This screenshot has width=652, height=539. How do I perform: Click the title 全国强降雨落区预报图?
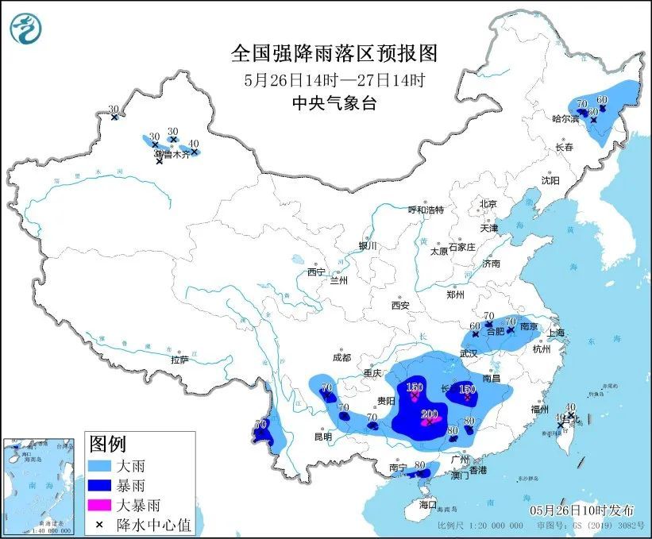point(334,53)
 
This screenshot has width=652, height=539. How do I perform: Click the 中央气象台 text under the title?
point(334,102)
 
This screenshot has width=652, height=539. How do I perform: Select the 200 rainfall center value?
point(430,414)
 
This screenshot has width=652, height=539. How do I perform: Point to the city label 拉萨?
point(179,360)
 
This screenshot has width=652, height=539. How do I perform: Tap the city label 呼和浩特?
point(426,210)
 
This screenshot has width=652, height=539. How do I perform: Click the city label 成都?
point(342,357)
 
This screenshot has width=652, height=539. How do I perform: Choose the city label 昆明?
point(322,437)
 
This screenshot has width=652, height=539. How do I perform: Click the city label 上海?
point(555,333)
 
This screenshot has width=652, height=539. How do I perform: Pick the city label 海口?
point(428,504)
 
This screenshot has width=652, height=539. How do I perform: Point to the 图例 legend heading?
point(107,443)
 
